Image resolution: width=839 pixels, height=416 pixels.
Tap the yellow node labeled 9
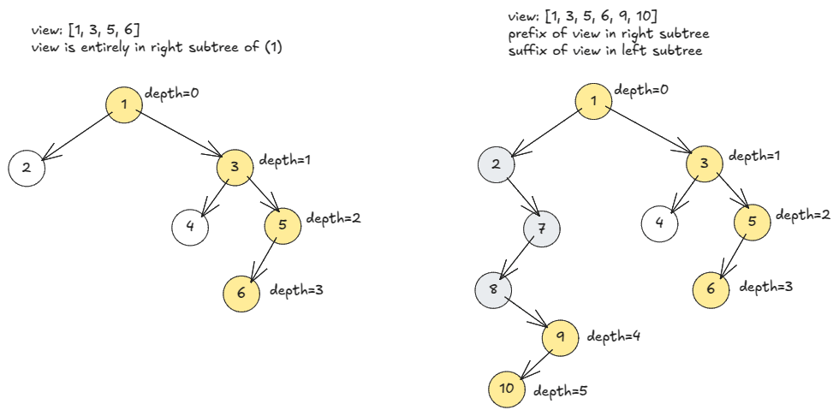coord(560,336)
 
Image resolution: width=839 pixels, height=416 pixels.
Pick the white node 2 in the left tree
coord(27,168)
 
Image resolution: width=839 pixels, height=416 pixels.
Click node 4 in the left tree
coord(190,227)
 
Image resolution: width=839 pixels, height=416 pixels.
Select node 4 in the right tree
coord(660,223)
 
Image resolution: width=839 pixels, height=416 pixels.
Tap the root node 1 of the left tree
coord(124,104)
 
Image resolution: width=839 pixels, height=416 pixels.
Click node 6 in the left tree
coord(241,293)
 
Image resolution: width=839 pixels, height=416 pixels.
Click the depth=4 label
coord(615,336)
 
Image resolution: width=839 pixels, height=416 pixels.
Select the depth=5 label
coord(561,391)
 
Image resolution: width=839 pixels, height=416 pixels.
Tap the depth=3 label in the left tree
coord(296,291)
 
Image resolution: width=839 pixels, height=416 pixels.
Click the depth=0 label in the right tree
coord(642,89)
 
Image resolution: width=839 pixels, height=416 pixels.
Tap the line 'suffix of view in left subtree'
coord(604,51)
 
